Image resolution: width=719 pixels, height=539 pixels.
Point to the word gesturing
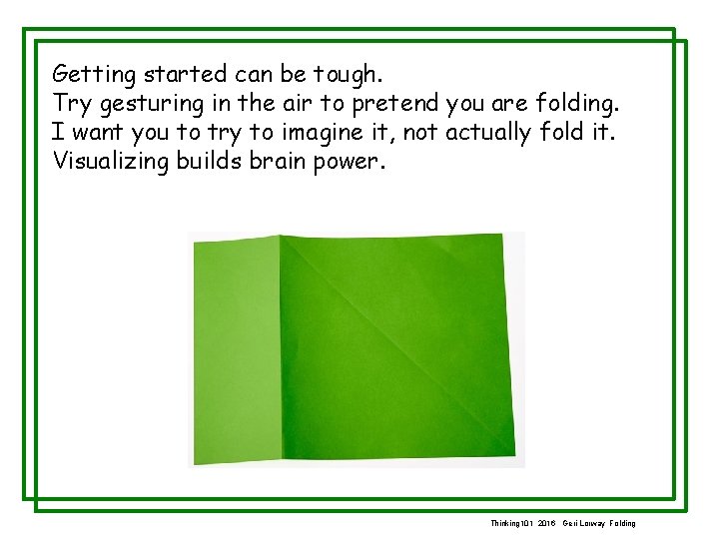pos(144,104)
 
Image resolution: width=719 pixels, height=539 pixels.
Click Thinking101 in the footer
pos(511,523)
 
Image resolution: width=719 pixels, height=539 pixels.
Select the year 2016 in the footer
pos(545,523)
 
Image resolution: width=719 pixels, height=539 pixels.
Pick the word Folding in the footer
pos(620,523)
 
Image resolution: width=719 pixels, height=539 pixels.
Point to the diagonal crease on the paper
pos(399,339)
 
